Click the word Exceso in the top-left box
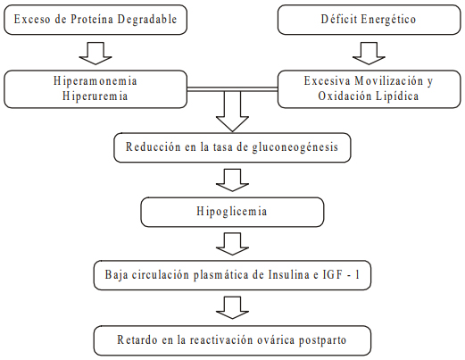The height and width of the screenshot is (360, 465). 32,20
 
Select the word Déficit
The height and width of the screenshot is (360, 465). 339,20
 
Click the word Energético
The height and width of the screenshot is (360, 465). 388,20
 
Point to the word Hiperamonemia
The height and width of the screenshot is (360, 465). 95,81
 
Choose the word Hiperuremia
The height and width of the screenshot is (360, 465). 95,96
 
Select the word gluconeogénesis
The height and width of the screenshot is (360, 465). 295,147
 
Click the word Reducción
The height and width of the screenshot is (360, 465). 154,147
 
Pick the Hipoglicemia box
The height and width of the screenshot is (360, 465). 232,212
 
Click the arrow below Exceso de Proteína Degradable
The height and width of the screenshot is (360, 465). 95,54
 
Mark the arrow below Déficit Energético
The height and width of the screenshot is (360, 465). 369,54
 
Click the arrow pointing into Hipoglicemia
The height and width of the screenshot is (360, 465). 232,180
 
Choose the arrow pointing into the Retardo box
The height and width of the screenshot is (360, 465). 232,307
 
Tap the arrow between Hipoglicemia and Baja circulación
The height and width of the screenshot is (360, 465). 232,244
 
